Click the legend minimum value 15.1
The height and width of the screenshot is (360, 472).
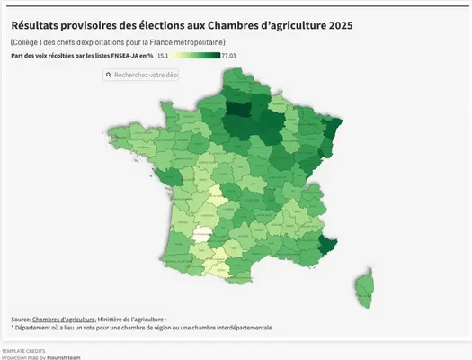tap(163, 56)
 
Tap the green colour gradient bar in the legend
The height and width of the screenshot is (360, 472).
tap(197, 56)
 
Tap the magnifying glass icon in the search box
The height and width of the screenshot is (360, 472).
tap(109, 76)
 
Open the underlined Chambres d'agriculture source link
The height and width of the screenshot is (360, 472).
tap(64, 319)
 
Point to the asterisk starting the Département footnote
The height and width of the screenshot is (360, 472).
tap(13, 328)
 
